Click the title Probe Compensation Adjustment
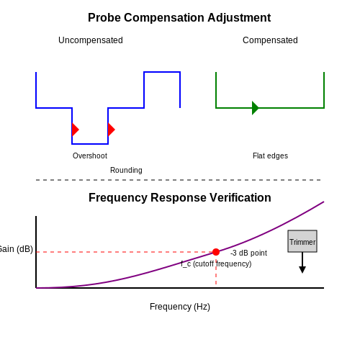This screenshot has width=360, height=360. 179,18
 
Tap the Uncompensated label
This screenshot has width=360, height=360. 91,40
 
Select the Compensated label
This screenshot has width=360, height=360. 270,40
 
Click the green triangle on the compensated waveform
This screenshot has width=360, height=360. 256,108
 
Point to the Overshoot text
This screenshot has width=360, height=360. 90,156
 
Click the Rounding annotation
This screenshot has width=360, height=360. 126,170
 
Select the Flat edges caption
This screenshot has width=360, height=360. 270,156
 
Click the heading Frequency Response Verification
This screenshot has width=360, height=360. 180,198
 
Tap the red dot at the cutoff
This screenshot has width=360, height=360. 216,252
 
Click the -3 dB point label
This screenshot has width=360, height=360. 248,253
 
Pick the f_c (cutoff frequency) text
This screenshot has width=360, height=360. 216,264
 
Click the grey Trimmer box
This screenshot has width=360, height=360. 302,241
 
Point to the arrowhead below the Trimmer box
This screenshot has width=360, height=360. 302,270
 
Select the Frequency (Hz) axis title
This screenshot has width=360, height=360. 180,307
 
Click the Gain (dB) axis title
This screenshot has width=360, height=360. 16,249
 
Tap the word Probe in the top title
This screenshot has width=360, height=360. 104,18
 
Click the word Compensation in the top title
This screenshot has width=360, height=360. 164,18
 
